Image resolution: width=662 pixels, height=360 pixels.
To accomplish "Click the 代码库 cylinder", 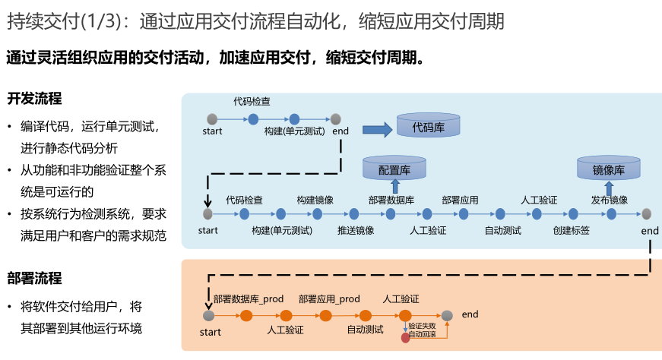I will click(x=428, y=126).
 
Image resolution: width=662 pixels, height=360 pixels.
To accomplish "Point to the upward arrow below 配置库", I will click(x=394, y=187).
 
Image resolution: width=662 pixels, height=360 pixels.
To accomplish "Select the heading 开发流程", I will click(x=34, y=99).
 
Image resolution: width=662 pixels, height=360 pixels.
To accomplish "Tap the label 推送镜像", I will click(x=356, y=229).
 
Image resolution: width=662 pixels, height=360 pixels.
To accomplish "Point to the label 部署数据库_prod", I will click(x=249, y=299).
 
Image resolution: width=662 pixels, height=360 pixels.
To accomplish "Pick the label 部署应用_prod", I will click(x=329, y=299).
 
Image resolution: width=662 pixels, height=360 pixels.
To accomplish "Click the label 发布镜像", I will click(x=609, y=201).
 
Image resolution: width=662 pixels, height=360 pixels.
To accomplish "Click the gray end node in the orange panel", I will click(x=448, y=315).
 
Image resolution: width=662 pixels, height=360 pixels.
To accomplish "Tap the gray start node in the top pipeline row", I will click(x=212, y=118).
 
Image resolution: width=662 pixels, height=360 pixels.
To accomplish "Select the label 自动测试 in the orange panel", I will click(x=365, y=330).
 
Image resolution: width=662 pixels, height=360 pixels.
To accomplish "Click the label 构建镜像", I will click(x=315, y=201).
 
